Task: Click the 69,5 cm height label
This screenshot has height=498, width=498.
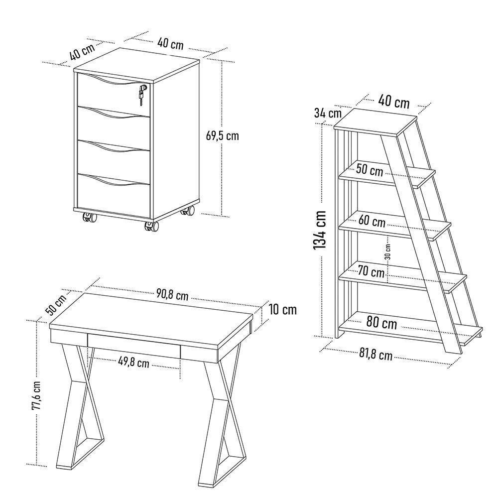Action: (x=222, y=135)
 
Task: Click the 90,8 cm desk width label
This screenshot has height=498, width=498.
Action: (x=172, y=295)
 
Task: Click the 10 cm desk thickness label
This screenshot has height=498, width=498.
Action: (x=282, y=310)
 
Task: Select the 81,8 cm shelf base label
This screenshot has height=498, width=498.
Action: (x=375, y=356)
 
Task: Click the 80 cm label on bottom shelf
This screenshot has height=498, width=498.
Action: (x=381, y=323)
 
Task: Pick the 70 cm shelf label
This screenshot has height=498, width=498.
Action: (x=371, y=272)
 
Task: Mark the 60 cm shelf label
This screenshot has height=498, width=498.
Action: (x=372, y=221)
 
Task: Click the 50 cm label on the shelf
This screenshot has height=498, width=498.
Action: (x=369, y=170)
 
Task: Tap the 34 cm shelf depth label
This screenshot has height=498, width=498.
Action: (x=327, y=113)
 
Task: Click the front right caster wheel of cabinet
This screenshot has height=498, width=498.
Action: (x=152, y=227)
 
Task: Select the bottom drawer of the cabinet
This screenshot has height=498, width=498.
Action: (x=114, y=191)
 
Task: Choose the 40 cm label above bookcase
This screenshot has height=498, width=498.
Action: (x=393, y=102)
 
